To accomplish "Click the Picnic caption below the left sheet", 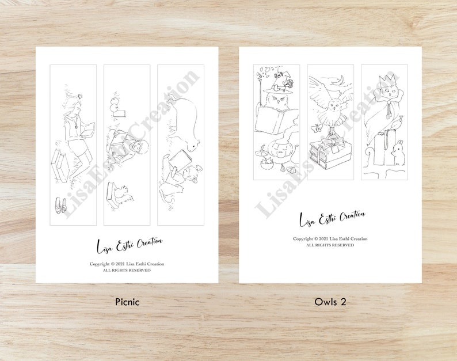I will coord(127,301).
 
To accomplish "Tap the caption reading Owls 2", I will coord(330,301).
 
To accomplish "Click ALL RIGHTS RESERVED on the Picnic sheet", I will coord(127,270).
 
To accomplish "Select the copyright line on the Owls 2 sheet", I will coord(330,238).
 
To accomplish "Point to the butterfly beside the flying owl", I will coord(316,128).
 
